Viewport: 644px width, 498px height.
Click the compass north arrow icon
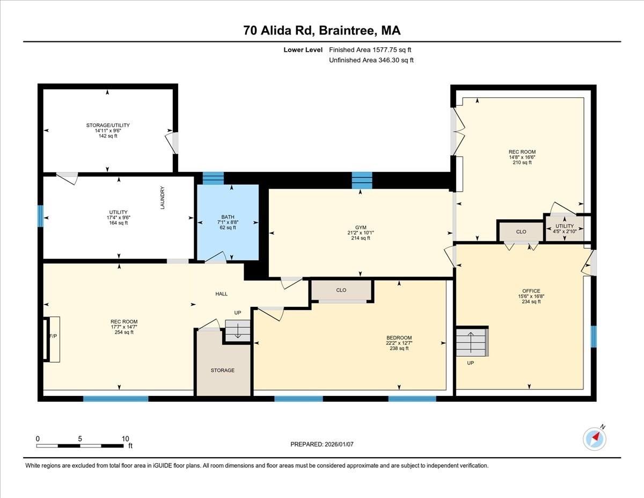pyautogui.click(x=594, y=438)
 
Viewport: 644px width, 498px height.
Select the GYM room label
pyautogui.click(x=360, y=227)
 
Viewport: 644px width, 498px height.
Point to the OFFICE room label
pyautogui.click(x=529, y=291)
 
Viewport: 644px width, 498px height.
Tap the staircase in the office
pyautogui.click(x=472, y=342)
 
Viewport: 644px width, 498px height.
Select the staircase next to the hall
pyautogui.click(x=237, y=330)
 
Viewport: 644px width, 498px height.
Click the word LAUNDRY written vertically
pyautogui.click(x=162, y=197)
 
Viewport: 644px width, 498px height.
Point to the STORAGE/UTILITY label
pyautogui.click(x=108, y=125)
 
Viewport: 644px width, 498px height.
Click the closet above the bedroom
pyautogui.click(x=341, y=290)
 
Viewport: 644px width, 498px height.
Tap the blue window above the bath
pyautogui.click(x=213, y=178)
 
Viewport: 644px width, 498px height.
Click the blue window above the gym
pyautogui.click(x=362, y=180)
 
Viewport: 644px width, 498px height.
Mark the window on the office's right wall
pyautogui.click(x=593, y=336)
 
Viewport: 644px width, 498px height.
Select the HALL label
pyautogui.click(x=221, y=294)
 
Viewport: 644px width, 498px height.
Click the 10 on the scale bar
pyautogui.click(x=125, y=438)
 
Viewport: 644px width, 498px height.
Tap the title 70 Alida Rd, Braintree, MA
pyautogui.click(x=322, y=31)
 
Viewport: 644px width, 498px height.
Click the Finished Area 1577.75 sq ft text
pyautogui.click(x=370, y=50)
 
